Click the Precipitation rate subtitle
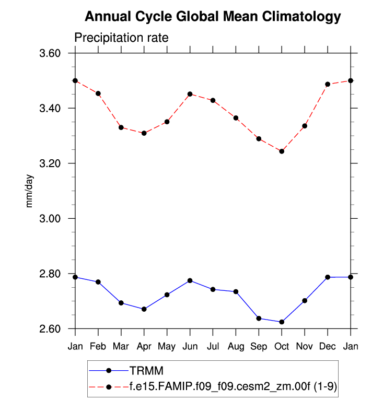121,38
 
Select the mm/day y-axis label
30,191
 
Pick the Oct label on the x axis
282,346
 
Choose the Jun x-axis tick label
190,346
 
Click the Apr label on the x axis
144,346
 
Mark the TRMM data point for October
282,322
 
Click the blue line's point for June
190,280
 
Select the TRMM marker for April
144,309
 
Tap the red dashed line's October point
282,151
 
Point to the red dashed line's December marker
328,84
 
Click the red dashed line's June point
190,94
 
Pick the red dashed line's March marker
121,127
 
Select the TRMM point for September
259,318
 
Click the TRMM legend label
147,371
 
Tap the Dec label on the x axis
328,346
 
